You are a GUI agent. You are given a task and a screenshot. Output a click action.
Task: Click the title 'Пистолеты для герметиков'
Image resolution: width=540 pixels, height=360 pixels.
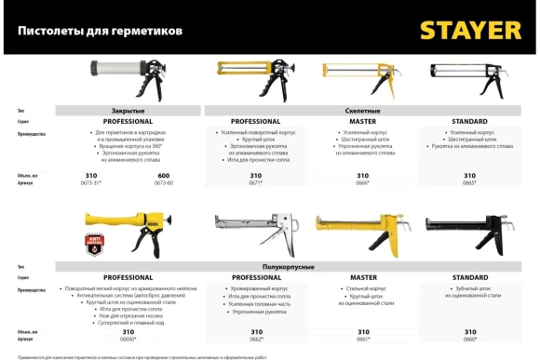101,31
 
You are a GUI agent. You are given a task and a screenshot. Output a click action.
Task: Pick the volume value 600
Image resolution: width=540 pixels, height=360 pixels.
164,176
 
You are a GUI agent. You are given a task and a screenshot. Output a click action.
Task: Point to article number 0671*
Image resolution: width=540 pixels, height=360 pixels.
255,183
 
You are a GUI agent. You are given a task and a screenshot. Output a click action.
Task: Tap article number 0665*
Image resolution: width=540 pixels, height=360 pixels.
470,183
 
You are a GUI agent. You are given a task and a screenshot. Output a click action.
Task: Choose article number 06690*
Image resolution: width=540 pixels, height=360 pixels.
128,339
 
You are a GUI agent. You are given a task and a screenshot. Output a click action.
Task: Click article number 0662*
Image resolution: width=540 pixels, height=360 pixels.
255,339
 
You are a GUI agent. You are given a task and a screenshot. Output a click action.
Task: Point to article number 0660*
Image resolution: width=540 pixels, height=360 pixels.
470,339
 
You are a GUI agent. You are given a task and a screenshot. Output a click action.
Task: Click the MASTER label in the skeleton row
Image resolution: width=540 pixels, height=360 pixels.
363,122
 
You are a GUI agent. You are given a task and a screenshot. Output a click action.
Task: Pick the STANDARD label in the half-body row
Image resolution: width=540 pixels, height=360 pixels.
470,277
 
